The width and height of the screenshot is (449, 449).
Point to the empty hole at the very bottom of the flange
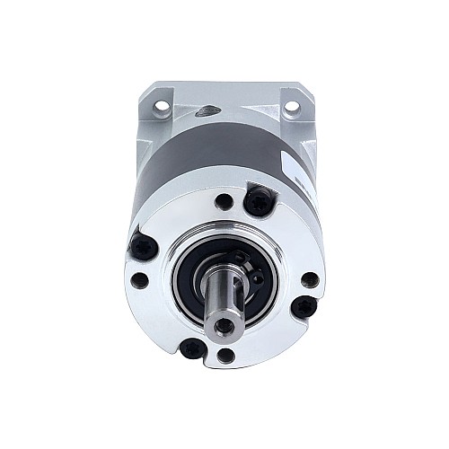point(227,356)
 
